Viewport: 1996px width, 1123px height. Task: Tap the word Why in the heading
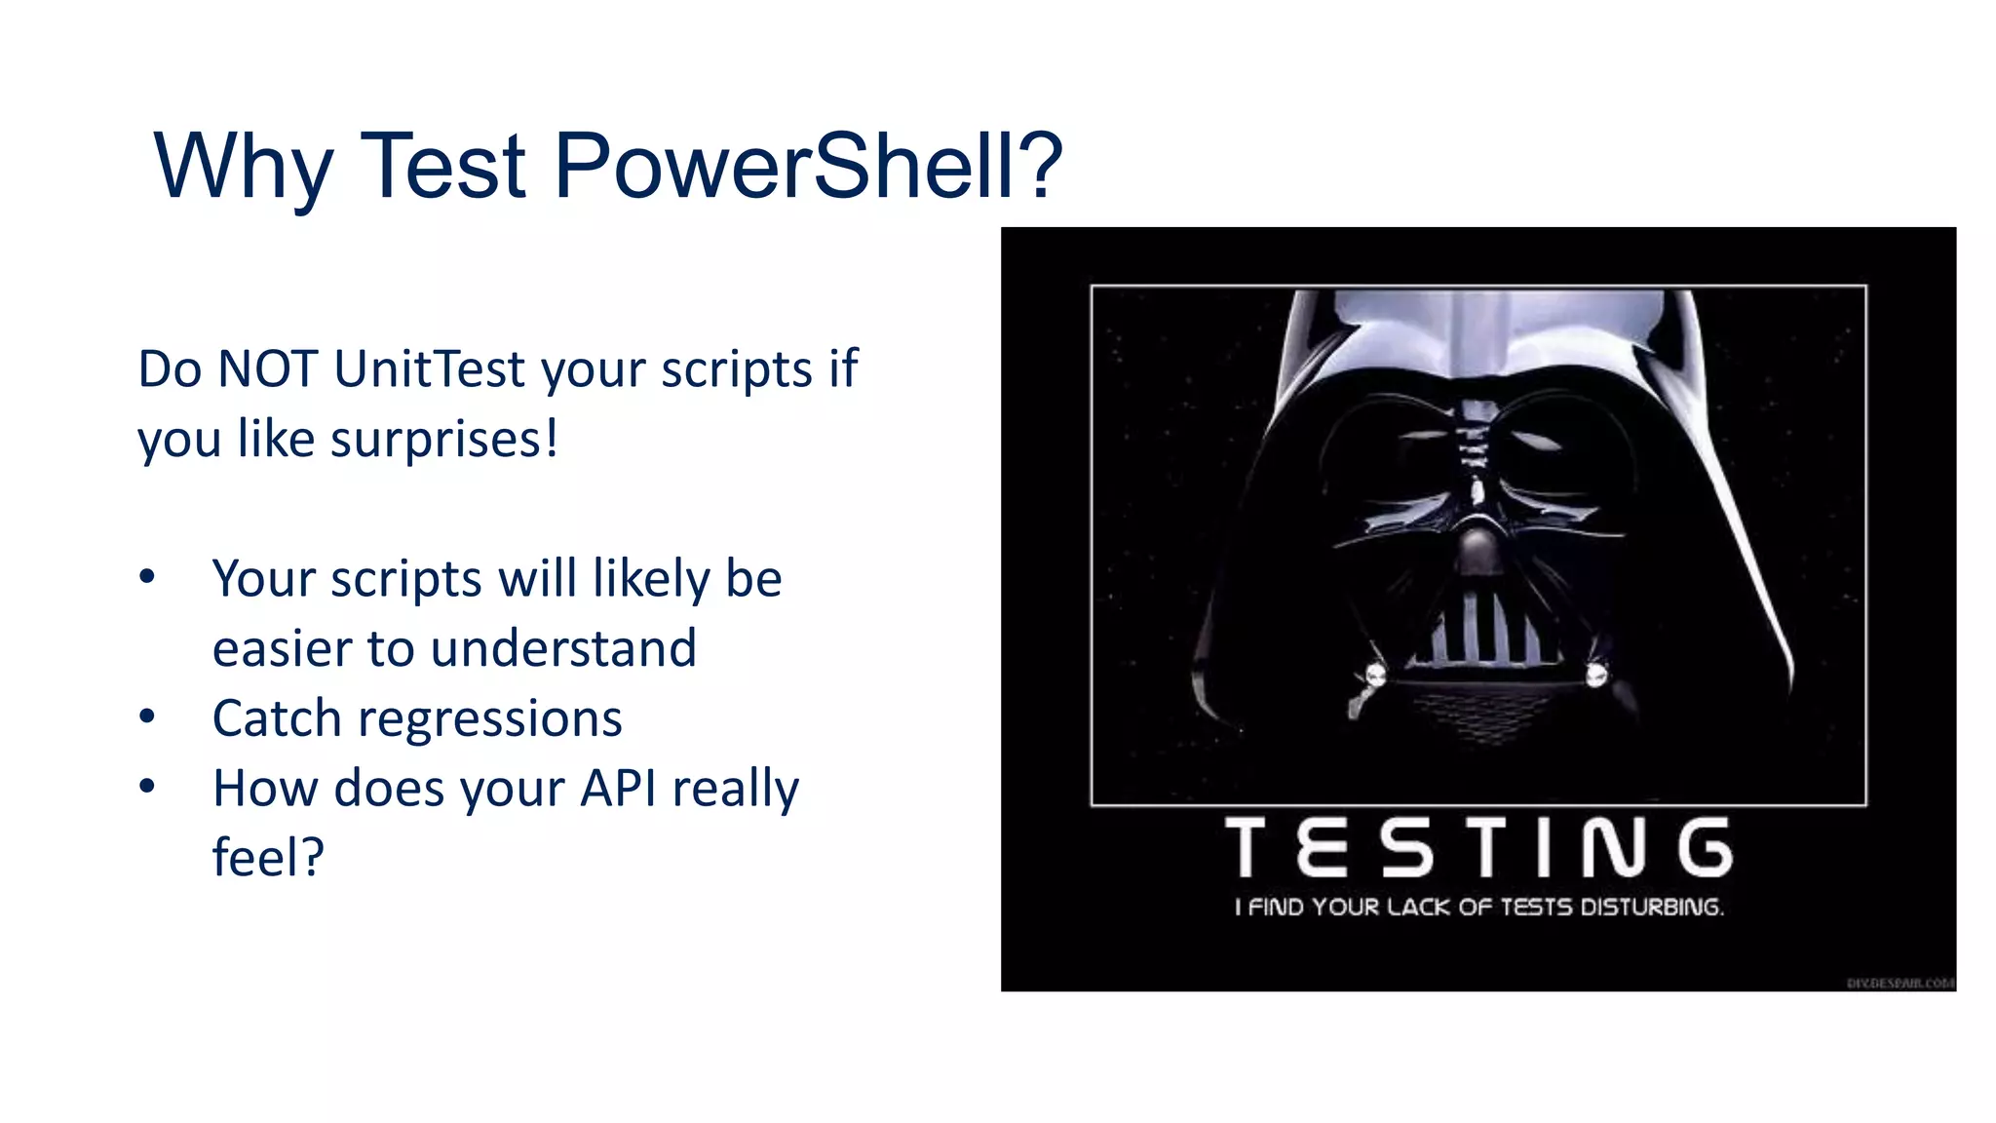(244, 168)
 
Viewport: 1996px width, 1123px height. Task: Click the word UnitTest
(429, 369)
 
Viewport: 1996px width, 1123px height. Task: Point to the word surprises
(444, 440)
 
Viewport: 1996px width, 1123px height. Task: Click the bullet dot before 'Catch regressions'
(147, 717)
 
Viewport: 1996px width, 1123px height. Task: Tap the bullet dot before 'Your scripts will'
(147, 577)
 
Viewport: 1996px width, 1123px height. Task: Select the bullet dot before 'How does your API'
(147, 786)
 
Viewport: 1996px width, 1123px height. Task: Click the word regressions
(489, 719)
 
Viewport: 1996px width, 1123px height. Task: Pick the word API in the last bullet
(618, 788)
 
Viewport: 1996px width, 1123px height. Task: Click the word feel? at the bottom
(268, 858)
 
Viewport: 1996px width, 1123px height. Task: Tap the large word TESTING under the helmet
(1478, 847)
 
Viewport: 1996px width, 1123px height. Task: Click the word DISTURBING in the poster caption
(1651, 908)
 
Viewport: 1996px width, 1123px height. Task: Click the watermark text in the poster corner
(1900, 983)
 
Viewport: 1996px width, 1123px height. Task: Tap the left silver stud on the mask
(1376, 674)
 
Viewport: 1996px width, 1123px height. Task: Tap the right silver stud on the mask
(1595, 674)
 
